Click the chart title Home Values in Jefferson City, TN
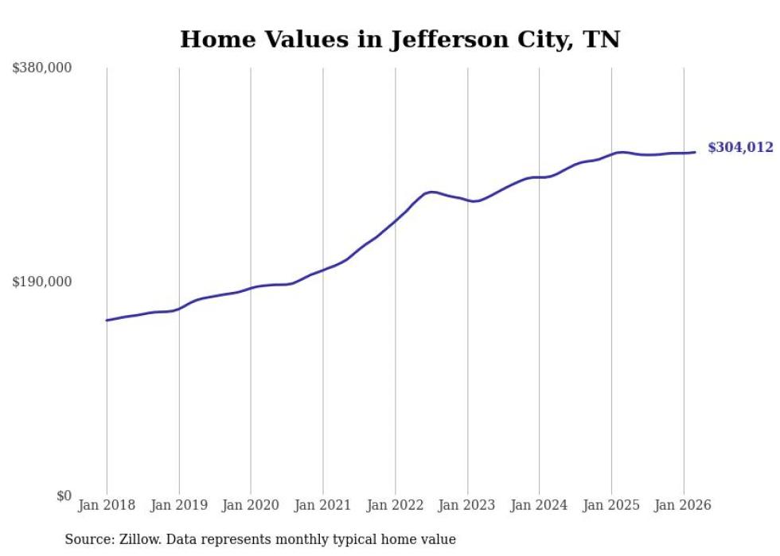400,39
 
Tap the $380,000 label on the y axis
41,68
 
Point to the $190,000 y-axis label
41,282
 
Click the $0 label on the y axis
64,496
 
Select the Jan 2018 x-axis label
107,505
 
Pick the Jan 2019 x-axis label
179,505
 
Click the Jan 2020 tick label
251,505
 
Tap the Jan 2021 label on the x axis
323,505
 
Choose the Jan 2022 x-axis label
395,505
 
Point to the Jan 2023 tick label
467,505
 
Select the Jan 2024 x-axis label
539,505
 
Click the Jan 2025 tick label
611,505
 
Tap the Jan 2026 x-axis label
683,505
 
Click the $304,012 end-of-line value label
740,147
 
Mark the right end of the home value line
695,152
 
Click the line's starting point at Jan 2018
107,321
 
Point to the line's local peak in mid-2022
431,192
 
